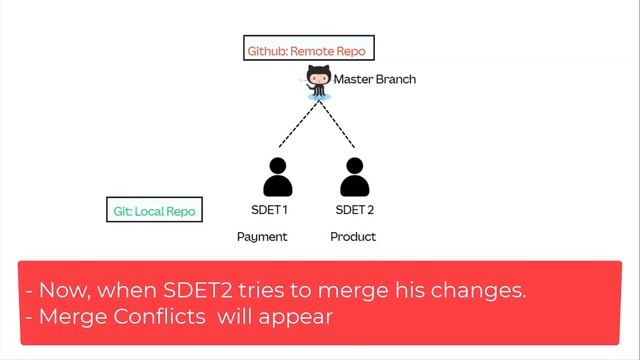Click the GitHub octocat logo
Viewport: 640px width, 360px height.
pos(319,81)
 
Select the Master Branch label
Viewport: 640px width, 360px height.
pos(374,79)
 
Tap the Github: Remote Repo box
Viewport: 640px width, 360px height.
pos(309,49)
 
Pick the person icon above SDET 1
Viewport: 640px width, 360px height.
pos(277,177)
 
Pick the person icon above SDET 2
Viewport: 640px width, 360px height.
pos(354,177)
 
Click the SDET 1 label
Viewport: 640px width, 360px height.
pos(269,210)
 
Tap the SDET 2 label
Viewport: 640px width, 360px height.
pos(354,210)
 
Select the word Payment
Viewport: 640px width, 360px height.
pos(262,237)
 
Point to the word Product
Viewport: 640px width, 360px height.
pos(353,237)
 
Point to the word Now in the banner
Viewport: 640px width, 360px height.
pos(61,291)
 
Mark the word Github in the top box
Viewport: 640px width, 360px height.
pos(267,49)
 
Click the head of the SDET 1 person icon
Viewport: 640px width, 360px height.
pos(277,166)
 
